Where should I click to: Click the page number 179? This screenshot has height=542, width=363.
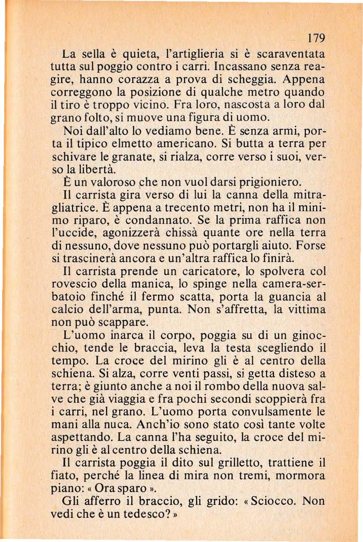pyautogui.click(x=316, y=39)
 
